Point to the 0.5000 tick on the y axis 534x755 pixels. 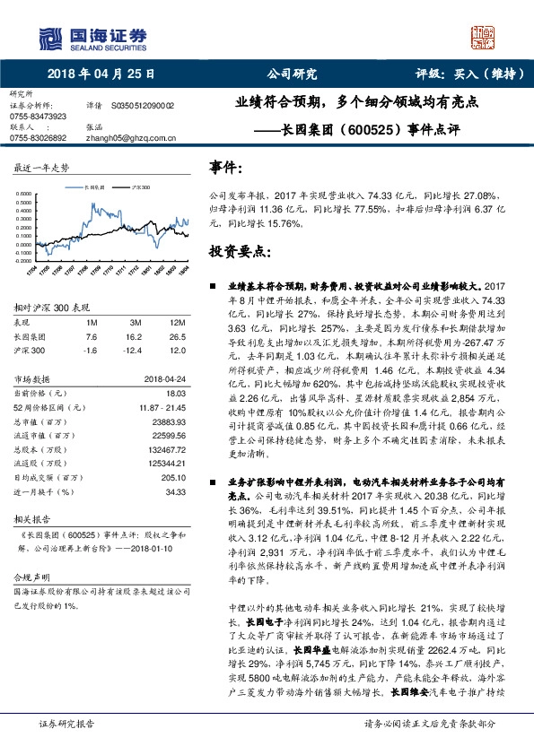click(26, 194)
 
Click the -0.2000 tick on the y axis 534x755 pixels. click(25, 262)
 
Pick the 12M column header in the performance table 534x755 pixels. click(177, 320)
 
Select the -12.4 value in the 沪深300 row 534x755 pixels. click(134, 351)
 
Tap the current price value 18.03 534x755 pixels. click(174, 392)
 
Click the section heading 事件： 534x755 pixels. click(225, 168)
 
